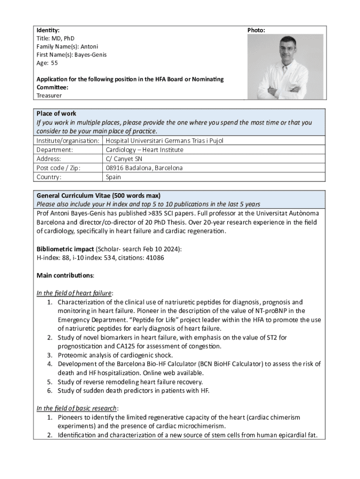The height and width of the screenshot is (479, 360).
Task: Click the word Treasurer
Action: tap(49, 95)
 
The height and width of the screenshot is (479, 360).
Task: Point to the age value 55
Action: tap(54, 63)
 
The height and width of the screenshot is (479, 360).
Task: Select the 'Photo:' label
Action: tap(256, 30)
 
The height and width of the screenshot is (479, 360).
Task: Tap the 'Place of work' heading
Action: tap(56, 114)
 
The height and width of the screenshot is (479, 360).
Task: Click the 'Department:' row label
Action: tap(55, 150)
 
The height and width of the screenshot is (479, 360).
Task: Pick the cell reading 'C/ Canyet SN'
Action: tap(124, 159)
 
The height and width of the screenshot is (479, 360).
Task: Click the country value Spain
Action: tap(113, 177)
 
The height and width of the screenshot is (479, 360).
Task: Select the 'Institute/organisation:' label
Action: tap(68, 140)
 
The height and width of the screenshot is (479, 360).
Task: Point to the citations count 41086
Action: tap(154, 258)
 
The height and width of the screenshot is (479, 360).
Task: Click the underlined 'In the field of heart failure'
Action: tap(74, 293)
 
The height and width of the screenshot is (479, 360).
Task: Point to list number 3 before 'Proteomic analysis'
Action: tap(50, 355)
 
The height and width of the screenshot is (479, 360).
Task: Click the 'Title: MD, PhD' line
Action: tap(55, 38)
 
